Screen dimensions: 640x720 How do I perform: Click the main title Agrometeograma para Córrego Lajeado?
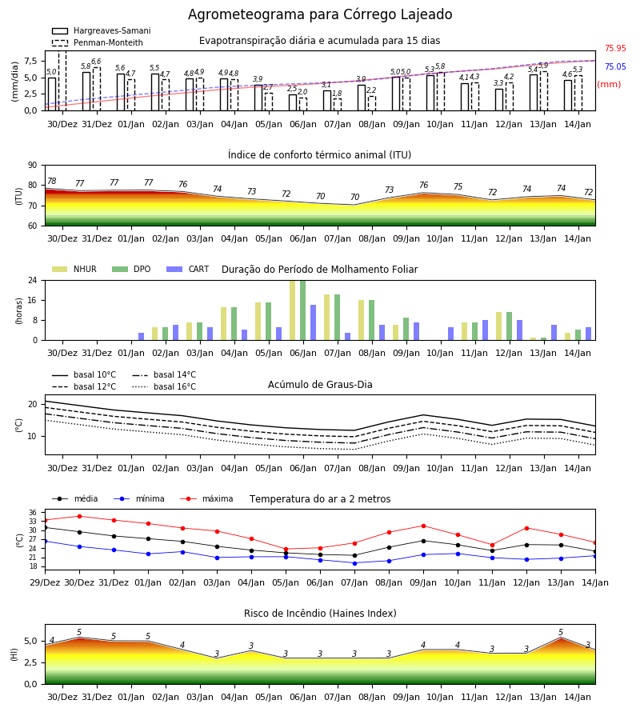(x=320, y=14)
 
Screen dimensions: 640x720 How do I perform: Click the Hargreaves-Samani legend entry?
(x=102, y=30)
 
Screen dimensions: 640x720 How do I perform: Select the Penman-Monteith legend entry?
(x=98, y=42)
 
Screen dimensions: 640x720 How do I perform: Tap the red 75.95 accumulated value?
(x=615, y=48)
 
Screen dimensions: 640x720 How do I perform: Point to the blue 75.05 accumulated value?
(x=615, y=66)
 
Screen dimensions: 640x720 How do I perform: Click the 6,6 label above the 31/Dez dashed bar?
(x=96, y=62)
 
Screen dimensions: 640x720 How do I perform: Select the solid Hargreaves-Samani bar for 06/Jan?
(x=293, y=102)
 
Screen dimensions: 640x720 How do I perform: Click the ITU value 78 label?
(x=52, y=181)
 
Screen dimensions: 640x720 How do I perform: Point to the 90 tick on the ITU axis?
(x=33, y=166)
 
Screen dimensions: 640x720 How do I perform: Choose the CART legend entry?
(x=188, y=269)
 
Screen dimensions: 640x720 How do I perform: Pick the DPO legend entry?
(x=131, y=269)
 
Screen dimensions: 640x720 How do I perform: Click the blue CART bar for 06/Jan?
(x=313, y=322)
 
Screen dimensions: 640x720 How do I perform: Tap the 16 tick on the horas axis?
(x=33, y=300)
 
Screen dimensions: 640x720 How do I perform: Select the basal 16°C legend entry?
(x=164, y=386)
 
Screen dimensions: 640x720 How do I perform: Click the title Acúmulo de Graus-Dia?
(x=320, y=384)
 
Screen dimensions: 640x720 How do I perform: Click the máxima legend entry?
(x=207, y=498)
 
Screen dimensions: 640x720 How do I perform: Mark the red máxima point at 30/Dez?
(x=79, y=516)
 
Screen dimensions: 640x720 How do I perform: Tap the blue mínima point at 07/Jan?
(x=355, y=563)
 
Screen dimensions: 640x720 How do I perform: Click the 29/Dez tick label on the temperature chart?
(x=45, y=582)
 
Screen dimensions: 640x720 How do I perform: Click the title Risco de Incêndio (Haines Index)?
(x=320, y=613)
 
